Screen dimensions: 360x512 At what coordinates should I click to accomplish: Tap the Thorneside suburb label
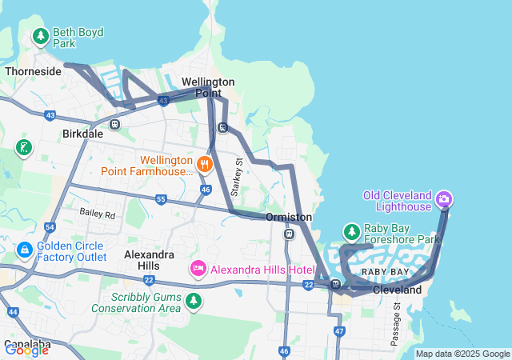coord(33,71)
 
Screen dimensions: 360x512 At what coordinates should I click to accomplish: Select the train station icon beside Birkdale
coord(115,124)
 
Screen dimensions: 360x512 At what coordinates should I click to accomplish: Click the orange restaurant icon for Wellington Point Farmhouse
coord(206,165)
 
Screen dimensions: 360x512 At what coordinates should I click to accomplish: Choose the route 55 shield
coord(161,199)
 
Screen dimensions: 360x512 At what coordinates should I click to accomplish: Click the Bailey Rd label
coord(98,214)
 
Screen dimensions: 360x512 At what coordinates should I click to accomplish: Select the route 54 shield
coord(50,227)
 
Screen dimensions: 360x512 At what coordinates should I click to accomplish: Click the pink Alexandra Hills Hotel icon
coord(198,269)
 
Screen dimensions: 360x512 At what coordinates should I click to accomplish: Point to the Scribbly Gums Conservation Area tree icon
coord(193,302)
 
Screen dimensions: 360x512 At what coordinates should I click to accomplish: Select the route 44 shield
coord(12,312)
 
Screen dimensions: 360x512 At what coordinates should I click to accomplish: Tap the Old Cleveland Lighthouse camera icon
coord(445,199)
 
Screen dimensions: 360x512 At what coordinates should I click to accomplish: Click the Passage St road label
coord(395,324)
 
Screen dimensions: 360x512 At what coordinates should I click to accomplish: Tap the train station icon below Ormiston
coord(289,234)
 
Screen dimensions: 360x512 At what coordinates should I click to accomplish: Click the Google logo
coord(26,350)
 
